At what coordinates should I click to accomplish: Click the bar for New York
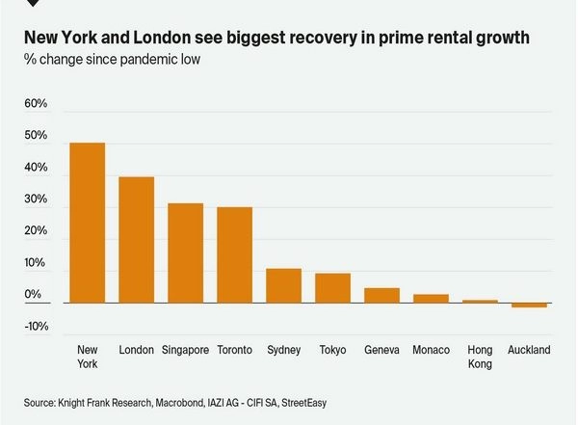(88, 223)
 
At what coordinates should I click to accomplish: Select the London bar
(136, 240)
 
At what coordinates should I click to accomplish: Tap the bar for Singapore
(185, 252)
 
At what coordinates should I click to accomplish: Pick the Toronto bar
(234, 254)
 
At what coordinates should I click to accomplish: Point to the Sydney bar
(284, 285)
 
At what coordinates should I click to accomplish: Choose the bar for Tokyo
(333, 288)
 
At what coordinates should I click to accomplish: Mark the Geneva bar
(381, 295)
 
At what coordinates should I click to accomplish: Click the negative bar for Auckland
(529, 305)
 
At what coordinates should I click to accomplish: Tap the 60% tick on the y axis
(36, 103)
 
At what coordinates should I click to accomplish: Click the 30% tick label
(36, 199)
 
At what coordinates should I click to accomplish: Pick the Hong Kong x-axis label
(480, 357)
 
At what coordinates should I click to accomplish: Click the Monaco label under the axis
(431, 350)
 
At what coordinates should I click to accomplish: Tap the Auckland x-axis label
(529, 350)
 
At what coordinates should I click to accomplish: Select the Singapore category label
(185, 350)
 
